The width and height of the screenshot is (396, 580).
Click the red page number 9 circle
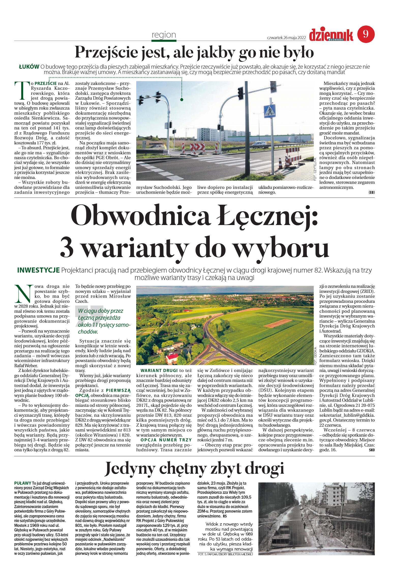click(x=366, y=34)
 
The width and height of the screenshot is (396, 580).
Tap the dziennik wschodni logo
click(x=331, y=35)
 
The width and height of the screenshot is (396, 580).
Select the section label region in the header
click(x=164, y=35)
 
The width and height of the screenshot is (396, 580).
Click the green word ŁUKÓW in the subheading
click(x=29, y=67)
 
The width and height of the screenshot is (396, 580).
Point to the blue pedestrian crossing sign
click(x=269, y=111)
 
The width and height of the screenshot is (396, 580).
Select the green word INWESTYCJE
click(x=38, y=270)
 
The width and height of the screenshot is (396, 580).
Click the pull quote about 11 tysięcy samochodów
click(x=103, y=321)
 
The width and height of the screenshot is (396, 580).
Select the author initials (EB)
click(x=371, y=192)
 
